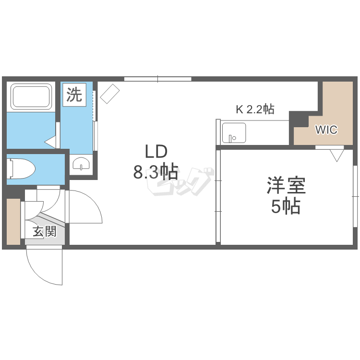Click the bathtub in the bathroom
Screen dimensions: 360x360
click(x=31, y=96)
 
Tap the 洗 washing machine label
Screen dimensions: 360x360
click(x=74, y=95)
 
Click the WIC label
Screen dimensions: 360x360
click(x=326, y=129)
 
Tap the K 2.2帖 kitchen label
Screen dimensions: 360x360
click(x=254, y=109)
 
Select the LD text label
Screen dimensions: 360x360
click(x=156, y=152)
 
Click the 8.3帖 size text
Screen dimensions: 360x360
click(x=156, y=171)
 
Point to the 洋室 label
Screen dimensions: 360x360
click(x=286, y=186)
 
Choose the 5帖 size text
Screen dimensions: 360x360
click(x=286, y=206)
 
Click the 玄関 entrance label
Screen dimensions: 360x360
click(x=44, y=231)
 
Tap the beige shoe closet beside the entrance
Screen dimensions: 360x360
click(x=14, y=221)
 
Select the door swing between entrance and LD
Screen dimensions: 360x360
click(x=86, y=206)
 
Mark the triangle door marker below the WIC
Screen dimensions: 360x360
click(x=337, y=155)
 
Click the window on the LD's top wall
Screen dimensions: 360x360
click(x=157, y=79)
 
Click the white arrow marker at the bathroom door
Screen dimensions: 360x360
click(x=51, y=142)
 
